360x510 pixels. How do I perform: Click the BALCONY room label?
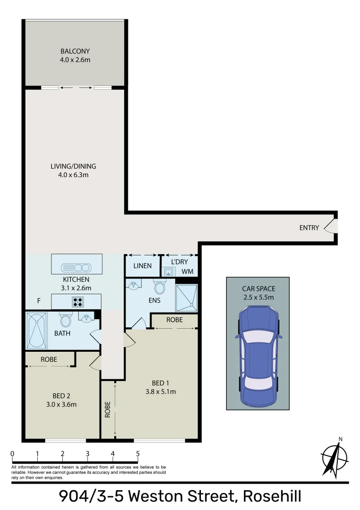(x=75, y=51)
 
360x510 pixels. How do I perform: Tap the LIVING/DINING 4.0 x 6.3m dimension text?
(x=74, y=175)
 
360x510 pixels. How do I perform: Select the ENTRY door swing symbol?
(x=332, y=227)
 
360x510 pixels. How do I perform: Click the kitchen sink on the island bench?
(x=76, y=268)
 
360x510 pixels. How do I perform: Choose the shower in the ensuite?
(x=187, y=298)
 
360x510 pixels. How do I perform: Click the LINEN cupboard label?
(x=142, y=266)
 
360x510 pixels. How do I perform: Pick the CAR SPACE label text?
(x=258, y=289)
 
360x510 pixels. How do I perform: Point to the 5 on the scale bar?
(x=138, y=454)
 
